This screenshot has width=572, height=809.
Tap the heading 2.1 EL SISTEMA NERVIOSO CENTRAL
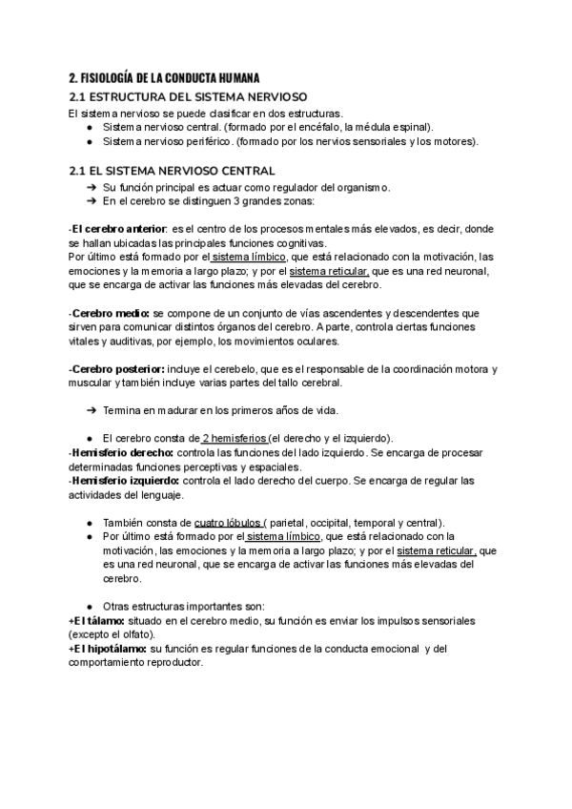point(172,171)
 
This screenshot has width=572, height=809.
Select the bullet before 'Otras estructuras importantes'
point(89,607)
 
